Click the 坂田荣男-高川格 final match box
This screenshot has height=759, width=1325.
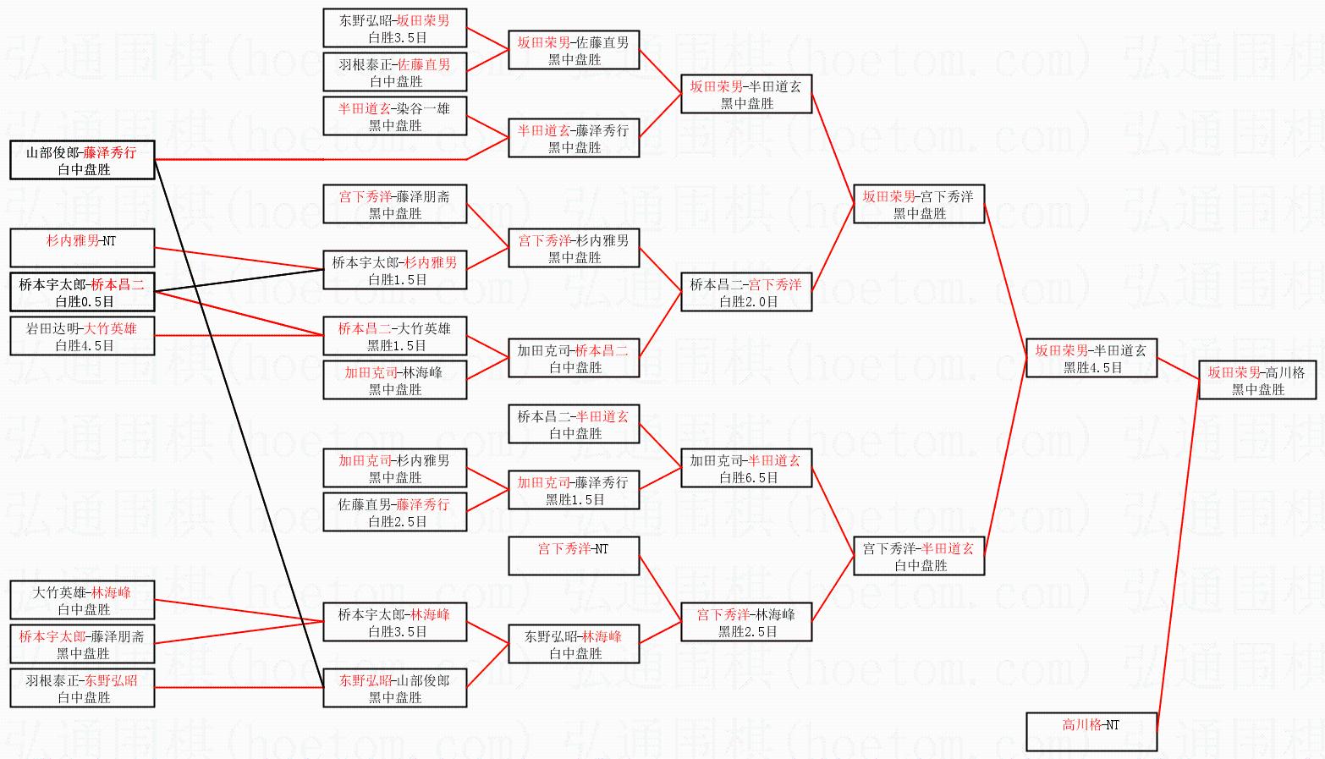pos(1257,380)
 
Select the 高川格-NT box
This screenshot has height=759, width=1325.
pos(1091,732)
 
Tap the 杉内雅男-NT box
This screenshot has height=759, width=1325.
pos(82,248)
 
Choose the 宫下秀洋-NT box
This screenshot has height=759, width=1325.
pos(574,556)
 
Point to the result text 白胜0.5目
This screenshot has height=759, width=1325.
pos(84,301)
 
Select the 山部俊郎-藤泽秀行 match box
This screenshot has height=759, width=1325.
pos(82,160)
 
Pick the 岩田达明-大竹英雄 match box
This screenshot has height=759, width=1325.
pos(82,336)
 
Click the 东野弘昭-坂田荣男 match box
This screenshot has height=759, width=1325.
pos(394,28)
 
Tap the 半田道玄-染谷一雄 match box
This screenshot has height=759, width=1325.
pos(394,116)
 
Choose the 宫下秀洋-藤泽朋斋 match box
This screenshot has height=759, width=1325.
pos(394,204)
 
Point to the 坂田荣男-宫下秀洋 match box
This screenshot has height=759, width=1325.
pos(919,204)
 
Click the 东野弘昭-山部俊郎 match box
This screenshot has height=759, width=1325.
pos(394,688)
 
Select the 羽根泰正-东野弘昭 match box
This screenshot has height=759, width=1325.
pos(82,688)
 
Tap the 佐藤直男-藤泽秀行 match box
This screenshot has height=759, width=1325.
pos(394,512)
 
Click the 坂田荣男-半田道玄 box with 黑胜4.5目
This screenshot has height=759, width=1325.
pos(1091,358)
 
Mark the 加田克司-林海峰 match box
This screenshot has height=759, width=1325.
pos(394,380)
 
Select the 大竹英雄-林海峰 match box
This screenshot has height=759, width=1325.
pos(82,600)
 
